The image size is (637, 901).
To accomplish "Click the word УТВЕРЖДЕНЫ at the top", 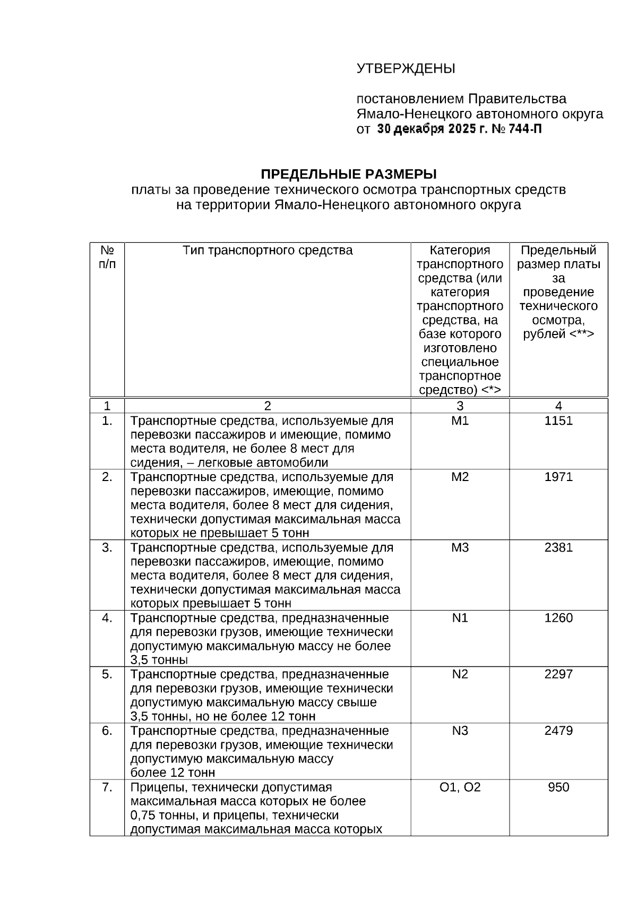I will (x=406, y=69).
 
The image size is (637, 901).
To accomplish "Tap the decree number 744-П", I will (x=526, y=129).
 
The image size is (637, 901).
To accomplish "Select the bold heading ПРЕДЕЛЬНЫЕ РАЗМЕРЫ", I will (x=348, y=175).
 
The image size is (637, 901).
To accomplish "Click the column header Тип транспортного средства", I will (x=268, y=251).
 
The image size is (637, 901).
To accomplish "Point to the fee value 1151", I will (x=558, y=421).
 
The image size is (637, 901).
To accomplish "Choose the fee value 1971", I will (x=558, y=477).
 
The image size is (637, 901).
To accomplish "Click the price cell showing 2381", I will (x=558, y=547).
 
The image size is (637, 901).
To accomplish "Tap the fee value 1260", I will (x=558, y=618).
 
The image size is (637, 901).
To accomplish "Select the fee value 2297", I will (x=558, y=674).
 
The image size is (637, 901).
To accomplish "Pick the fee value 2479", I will (x=558, y=731).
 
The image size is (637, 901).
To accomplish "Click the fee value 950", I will (x=558, y=787).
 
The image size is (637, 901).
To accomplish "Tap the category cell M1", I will (x=460, y=421).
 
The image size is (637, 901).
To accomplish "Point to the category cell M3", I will (x=460, y=547).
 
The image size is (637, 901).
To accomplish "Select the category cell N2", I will (x=460, y=674).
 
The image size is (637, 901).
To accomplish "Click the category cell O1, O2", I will (x=460, y=787).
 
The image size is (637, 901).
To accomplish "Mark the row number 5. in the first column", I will (x=107, y=674).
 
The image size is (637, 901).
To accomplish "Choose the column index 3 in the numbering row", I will (x=460, y=406).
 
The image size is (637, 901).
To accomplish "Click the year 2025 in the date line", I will (x=461, y=129).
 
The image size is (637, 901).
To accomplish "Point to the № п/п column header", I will (x=107, y=257).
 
